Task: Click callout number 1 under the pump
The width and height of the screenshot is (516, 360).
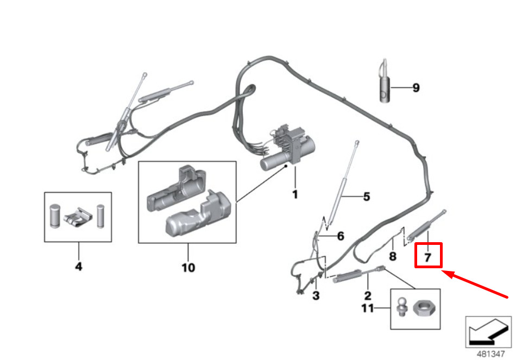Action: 295,194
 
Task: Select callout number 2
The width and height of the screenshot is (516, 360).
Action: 368,296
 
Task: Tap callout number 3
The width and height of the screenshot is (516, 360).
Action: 316,296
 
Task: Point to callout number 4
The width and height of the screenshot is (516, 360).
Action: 78,267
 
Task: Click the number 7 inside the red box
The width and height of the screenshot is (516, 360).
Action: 428,257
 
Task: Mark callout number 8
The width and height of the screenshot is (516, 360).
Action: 393,256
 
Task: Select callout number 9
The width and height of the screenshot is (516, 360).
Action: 416,87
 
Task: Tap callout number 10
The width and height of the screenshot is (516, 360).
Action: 188,267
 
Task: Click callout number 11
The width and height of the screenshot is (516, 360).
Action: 368,309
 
